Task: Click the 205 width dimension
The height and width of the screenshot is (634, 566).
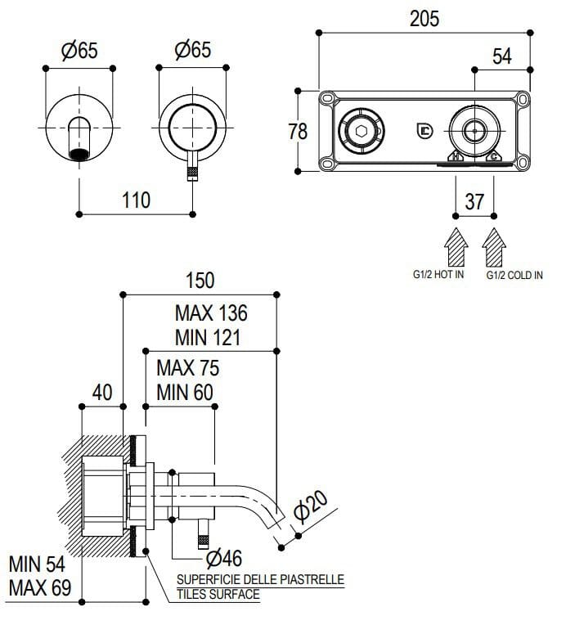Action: [x=424, y=18]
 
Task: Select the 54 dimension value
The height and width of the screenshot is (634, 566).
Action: [x=501, y=56]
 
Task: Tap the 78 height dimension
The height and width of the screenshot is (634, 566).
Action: [x=299, y=130]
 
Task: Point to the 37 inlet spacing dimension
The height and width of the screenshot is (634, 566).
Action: [x=474, y=200]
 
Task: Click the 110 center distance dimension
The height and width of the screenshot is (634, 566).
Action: [x=135, y=200]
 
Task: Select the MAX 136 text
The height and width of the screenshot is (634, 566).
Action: [x=211, y=313]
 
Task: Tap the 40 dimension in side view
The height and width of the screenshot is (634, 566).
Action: [x=101, y=393]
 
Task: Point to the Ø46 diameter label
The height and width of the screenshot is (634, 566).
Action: [x=223, y=559]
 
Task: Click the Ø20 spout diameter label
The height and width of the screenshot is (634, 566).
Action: [x=312, y=506]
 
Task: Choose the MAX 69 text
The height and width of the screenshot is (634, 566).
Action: [x=40, y=587]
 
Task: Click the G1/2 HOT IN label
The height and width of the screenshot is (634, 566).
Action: [x=438, y=276]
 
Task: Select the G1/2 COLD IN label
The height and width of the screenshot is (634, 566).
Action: [x=514, y=276]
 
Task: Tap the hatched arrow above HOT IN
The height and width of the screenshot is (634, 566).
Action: [x=455, y=247]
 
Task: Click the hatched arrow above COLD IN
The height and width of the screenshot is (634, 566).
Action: [x=494, y=247]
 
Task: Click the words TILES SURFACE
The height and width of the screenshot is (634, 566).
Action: [x=218, y=595]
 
